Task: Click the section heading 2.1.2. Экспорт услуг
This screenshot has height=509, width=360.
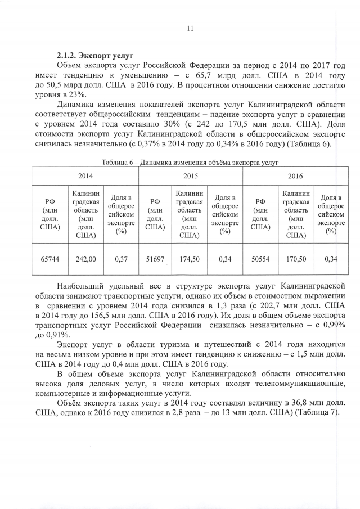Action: [x=94, y=56]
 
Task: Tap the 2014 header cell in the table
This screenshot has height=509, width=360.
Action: [x=85, y=176]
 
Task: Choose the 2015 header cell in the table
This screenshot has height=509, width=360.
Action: [x=190, y=176]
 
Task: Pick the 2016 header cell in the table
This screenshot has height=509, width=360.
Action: [x=295, y=176]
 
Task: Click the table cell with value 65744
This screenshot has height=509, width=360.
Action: [x=50, y=259]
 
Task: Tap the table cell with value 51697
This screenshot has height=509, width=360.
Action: [x=155, y=259]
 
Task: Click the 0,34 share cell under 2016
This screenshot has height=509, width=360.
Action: [x=331, y=259]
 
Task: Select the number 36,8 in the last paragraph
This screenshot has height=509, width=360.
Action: [x=269, y=402]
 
